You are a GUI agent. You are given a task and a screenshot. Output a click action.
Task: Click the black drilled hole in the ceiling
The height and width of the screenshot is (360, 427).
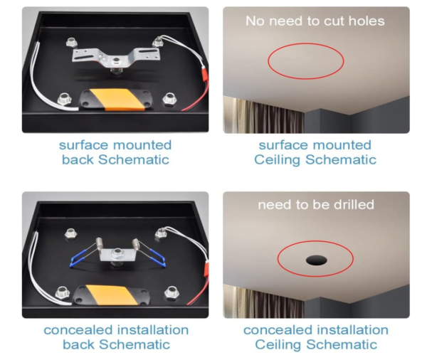(x=316, y=260)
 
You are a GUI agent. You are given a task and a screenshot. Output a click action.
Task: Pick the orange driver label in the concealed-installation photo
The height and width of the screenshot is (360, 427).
(x=112, y=295)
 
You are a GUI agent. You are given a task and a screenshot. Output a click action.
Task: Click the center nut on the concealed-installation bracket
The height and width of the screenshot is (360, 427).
(x=117, y=254)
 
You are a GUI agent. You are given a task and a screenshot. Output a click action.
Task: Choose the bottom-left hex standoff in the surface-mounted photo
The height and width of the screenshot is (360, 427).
(x=64, y=99)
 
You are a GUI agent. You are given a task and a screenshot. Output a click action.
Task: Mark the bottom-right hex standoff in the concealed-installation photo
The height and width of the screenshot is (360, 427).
(x=172, y=293)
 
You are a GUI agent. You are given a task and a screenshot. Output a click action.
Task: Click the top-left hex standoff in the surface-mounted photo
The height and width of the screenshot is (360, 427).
(x=71, y=43)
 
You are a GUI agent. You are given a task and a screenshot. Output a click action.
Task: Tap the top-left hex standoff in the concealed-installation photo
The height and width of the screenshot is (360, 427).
(x=70, y=233)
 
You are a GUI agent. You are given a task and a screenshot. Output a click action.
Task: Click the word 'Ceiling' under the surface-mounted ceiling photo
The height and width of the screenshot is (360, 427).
(x=278, y=160)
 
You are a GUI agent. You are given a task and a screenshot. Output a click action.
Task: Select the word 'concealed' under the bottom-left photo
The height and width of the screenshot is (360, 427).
(x=78, y=330)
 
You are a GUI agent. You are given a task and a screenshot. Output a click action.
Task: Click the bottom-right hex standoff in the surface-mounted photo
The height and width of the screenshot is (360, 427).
(x=169, y=99)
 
